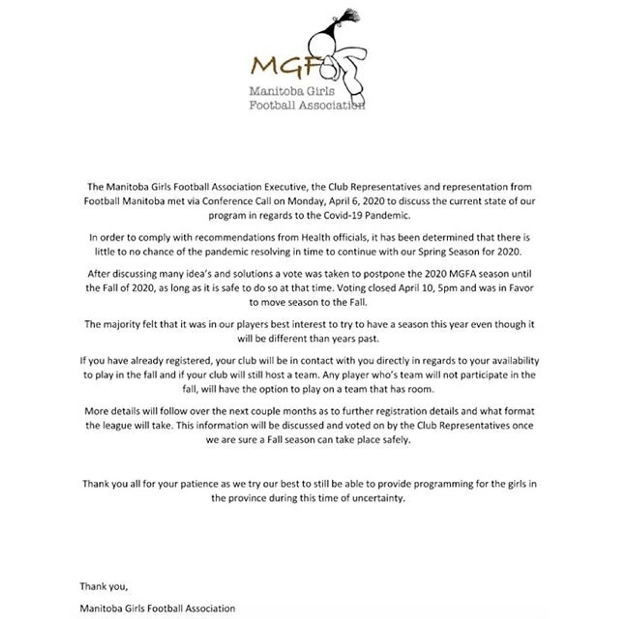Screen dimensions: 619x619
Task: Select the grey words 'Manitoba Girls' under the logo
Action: point(292,91)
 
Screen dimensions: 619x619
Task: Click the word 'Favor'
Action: point(522,288)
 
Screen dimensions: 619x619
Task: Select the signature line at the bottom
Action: point(157,608)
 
